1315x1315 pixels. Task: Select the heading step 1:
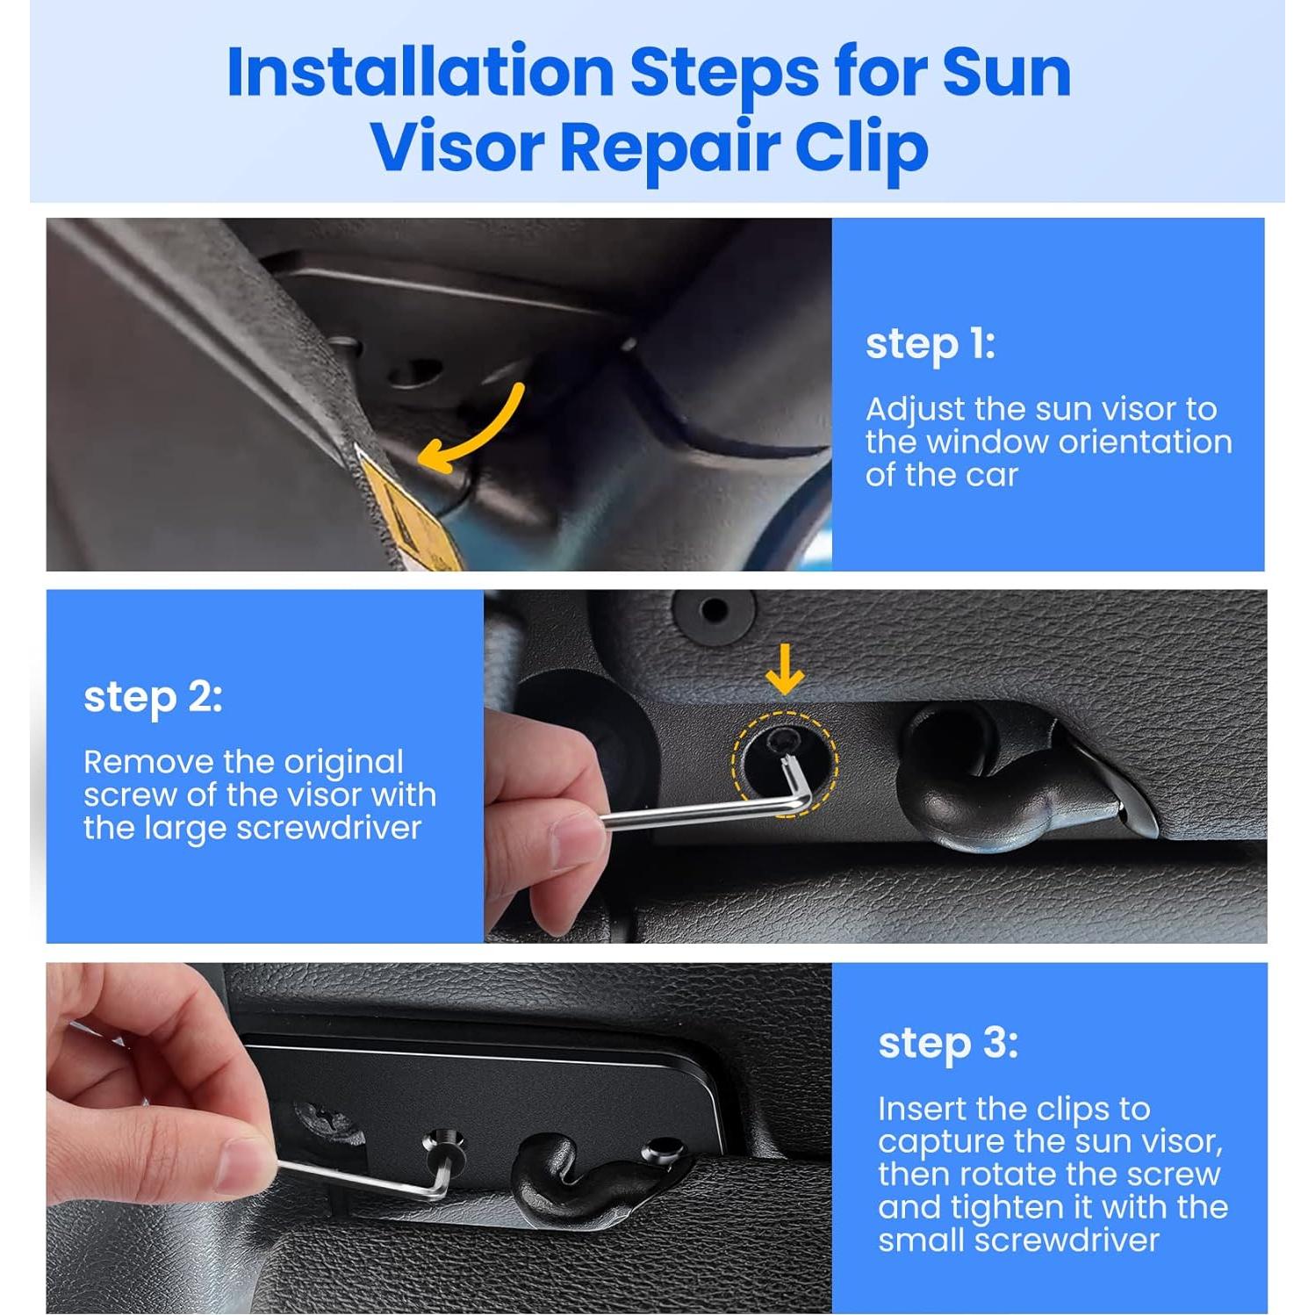(x=930, y=343)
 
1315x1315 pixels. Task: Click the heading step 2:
(x=153, y=697)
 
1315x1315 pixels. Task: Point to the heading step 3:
(x=947, y=1043)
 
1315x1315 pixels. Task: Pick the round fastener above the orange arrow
(x=715, y=609)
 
